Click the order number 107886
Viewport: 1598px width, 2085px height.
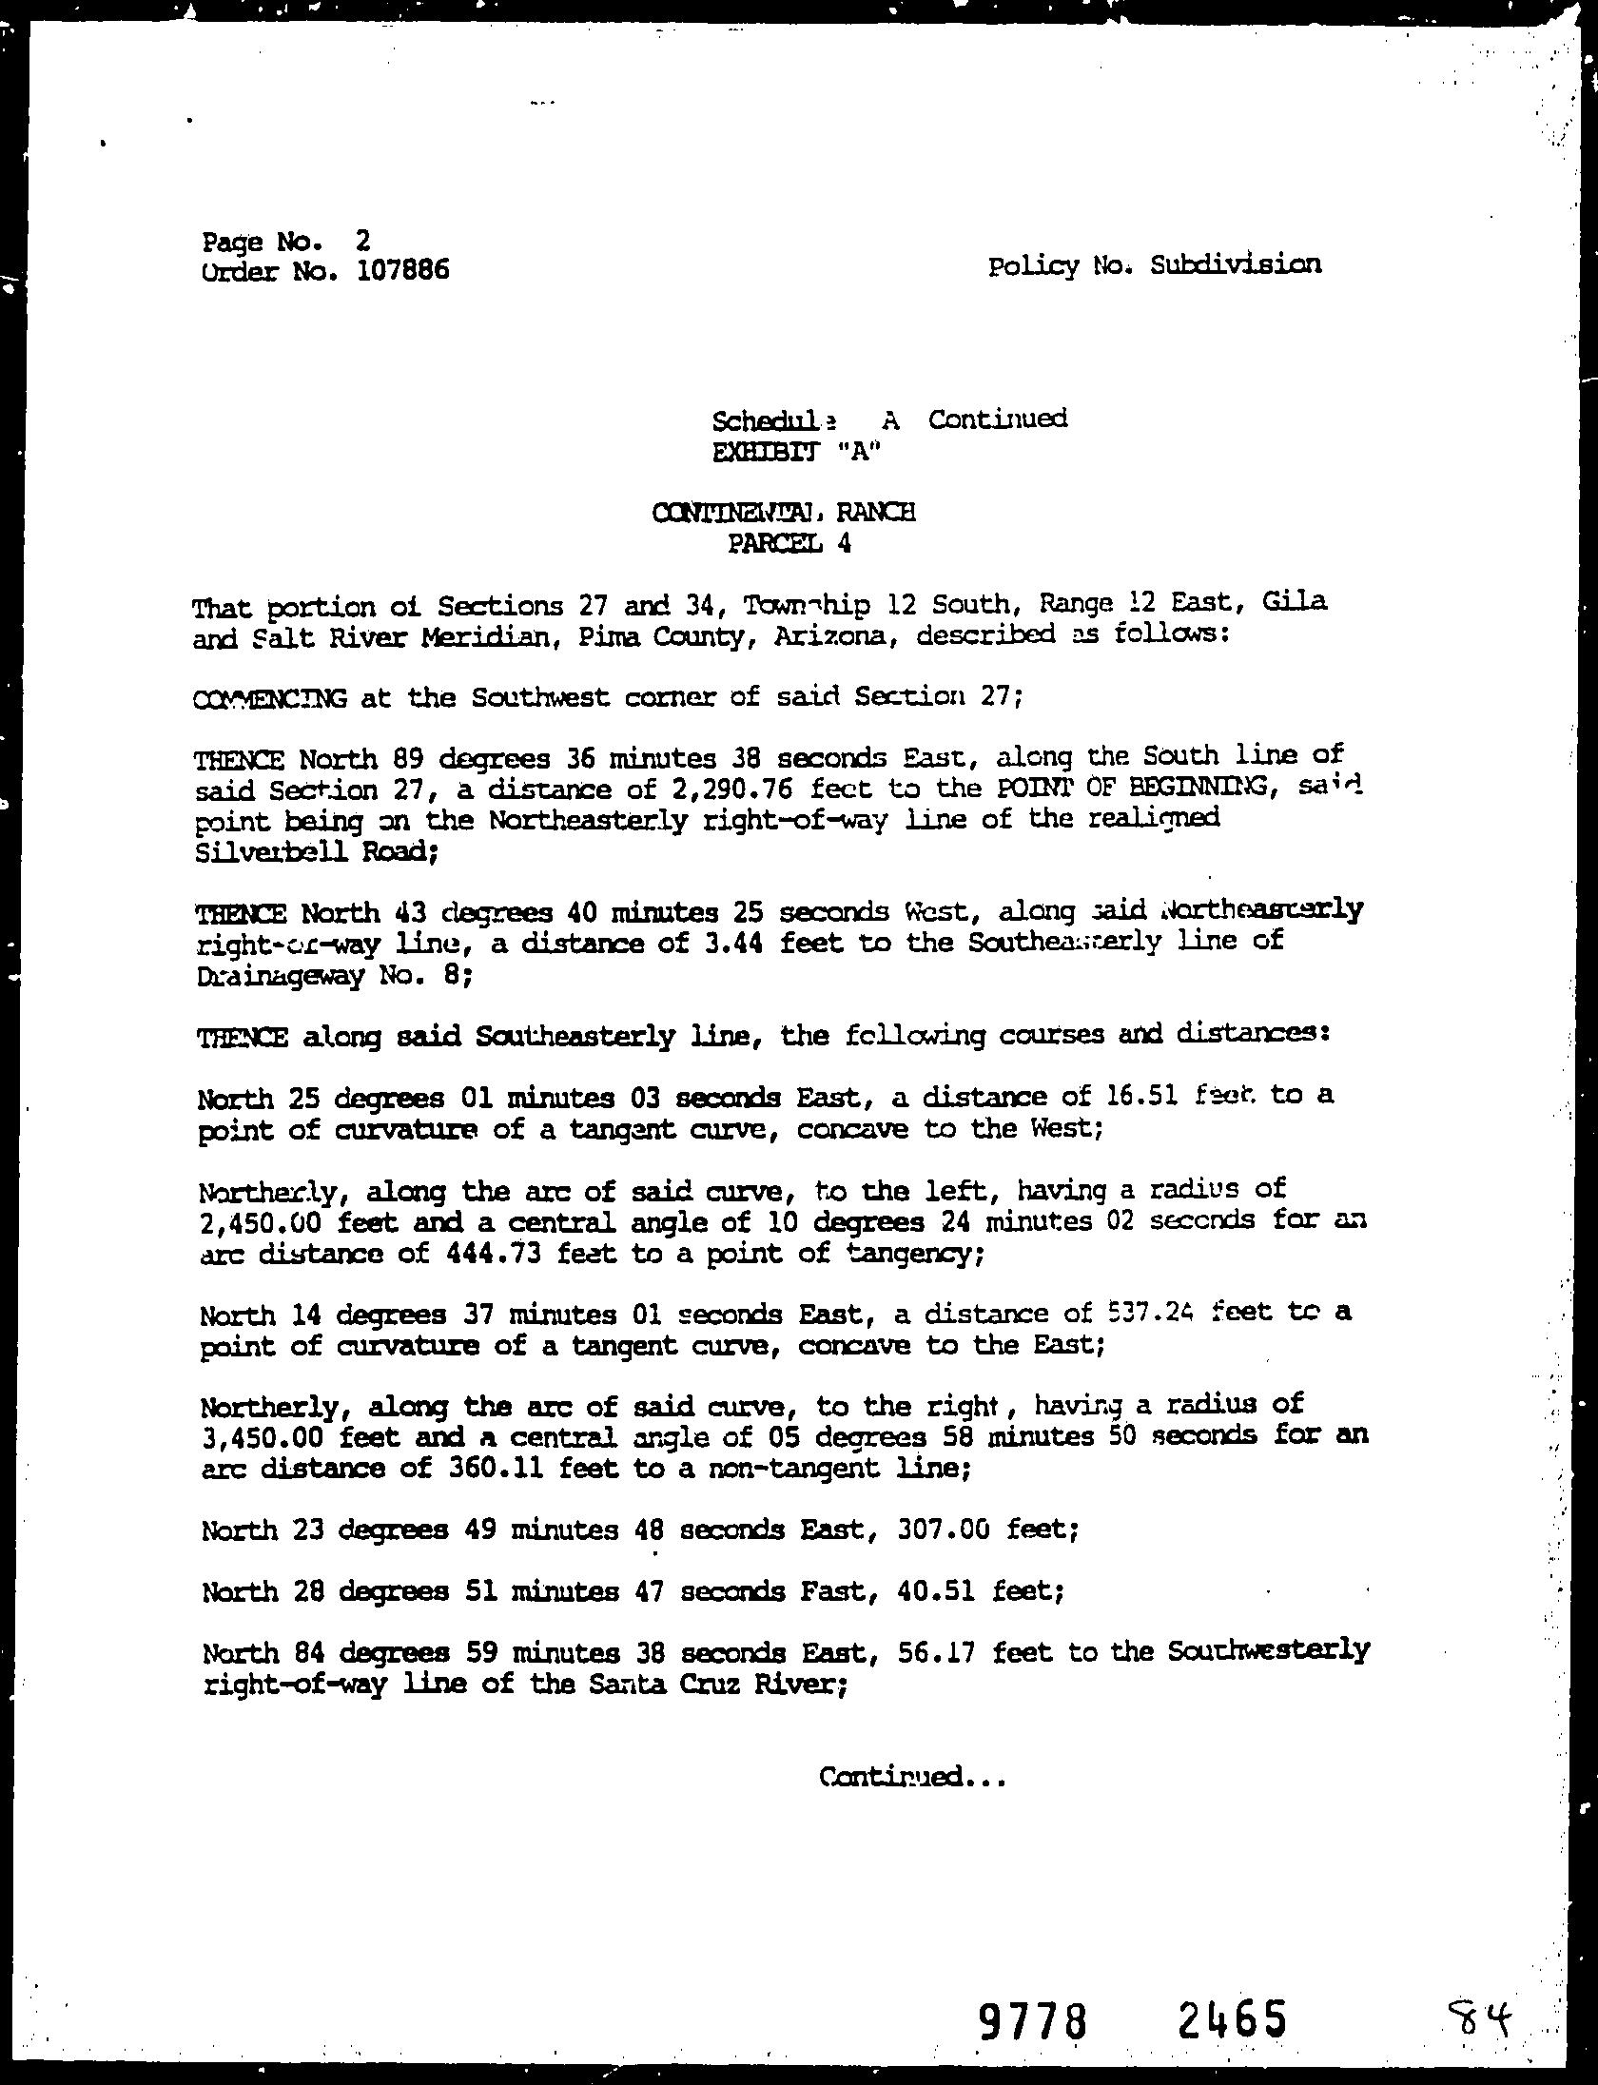pos(402,271)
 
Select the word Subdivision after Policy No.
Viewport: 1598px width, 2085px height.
pos(1235,264)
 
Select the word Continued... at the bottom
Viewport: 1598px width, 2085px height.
pos(911,1776)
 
